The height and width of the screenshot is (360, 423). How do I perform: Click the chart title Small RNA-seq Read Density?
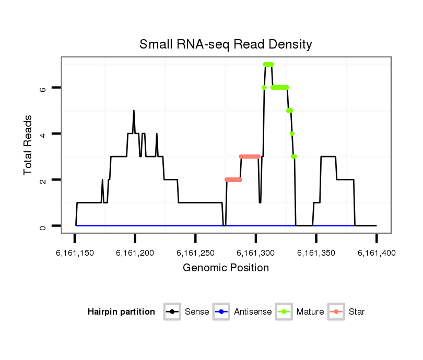[226, 44]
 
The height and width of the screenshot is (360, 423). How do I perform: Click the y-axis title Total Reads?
[28, 145]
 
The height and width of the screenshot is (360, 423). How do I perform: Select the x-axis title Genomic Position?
[226, 268]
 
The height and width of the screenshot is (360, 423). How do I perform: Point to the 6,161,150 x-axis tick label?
[75, 253]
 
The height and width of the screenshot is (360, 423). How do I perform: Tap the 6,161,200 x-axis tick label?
[135, 253]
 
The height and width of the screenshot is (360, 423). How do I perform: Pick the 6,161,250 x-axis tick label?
[195, 253]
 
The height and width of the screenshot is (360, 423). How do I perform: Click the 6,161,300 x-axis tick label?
[255, 253]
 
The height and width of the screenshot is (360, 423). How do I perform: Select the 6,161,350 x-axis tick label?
[316, 253]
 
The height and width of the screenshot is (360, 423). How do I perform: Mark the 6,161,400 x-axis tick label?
[376, 253]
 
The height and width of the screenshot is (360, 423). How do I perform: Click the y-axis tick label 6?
[43, 88]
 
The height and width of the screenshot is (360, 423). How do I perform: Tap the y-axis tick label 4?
[43, 134]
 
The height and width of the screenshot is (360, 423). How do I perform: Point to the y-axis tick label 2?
[43, 180]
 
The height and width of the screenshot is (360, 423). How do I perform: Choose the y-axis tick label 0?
[43, 226]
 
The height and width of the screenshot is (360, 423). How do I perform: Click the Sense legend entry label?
[197, 312]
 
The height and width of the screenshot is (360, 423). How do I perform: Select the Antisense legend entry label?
[253, 312]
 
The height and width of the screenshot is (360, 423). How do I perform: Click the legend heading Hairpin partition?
[121, 312]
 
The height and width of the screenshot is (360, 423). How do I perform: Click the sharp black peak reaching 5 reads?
[134, 111]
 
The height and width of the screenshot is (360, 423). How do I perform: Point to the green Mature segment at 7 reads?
[268, 65]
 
